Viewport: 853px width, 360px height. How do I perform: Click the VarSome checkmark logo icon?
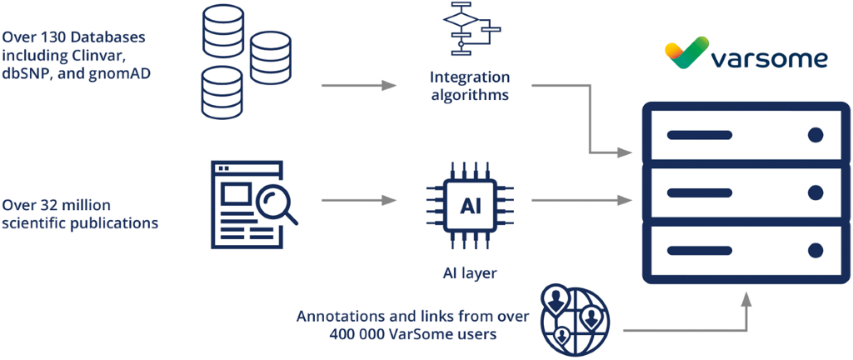click(686, 53)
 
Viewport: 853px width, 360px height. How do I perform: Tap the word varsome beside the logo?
click(770, 59)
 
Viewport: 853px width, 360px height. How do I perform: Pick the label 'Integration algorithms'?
click(469, 86)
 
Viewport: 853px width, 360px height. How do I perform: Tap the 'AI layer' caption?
click(470, 272)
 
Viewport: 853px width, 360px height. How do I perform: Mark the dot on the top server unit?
click(815, 134)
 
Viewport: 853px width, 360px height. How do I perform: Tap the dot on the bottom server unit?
click(815, 249)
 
